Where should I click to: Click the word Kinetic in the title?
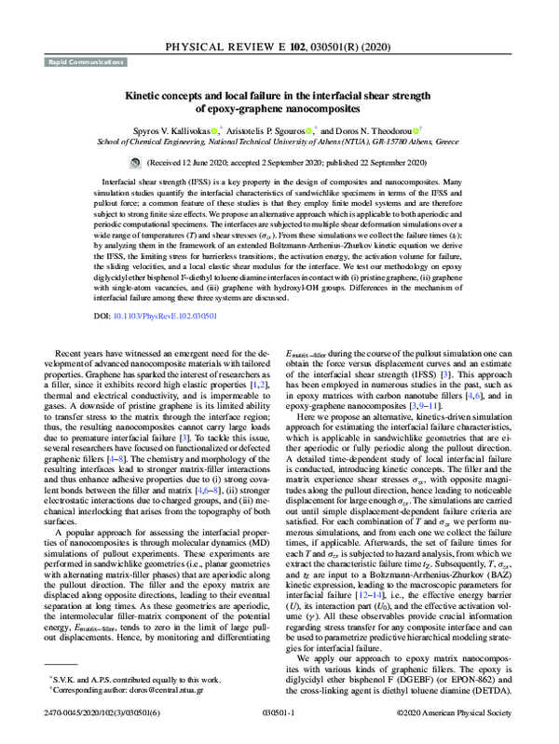[146, 94]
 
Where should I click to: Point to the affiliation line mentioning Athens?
[279, 145]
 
